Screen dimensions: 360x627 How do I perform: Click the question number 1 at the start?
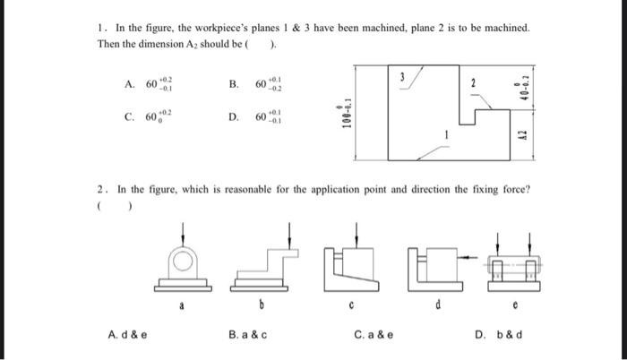tap(100, 28)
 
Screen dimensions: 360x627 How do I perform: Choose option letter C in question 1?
tap(131, 116)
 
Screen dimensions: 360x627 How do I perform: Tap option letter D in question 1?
tap(233, 116)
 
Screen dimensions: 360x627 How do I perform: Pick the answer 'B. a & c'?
tap(249, 337)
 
